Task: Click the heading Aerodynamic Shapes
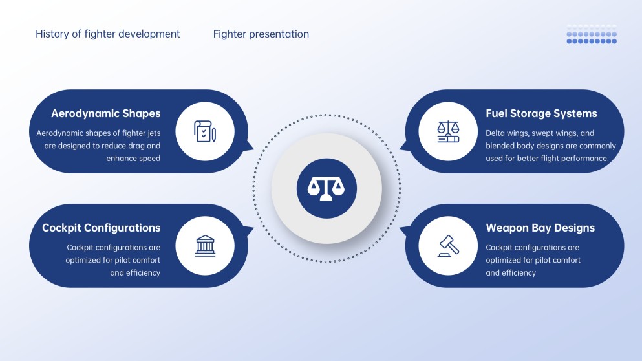click(x=105, y=113)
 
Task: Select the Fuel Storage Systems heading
click(x=541, y=113)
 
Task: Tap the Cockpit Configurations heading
click(x=101, y=228)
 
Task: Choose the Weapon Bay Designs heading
click(x=540, y=228)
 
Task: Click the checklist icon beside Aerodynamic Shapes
click(x=205, y=131)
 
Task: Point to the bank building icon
click(x=205, y=245)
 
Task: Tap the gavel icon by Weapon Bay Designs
click(x=448, y=245)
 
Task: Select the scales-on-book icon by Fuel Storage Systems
click(x=448, y=131)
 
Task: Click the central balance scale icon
click(x=326, y=188)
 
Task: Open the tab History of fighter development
click(x=107, y=34)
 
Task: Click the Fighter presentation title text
click(x=261, y=34)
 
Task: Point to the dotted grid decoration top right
click(x=592, y=34)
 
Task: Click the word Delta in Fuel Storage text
click(x=496, y=133)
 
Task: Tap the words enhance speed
click(x=133, y=159)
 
